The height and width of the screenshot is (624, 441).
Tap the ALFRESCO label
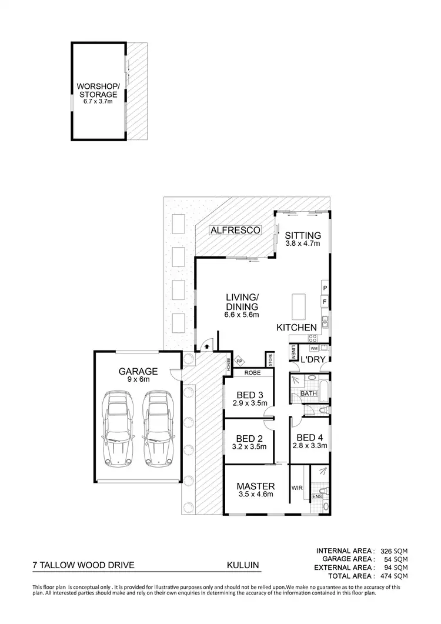pyautogui.click(x=235, y=231)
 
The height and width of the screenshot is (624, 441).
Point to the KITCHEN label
pyautogui.click(x=297, y=327)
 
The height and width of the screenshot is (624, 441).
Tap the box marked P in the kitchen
pyautogui.click(x=324, y=287)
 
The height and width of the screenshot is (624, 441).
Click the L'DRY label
pyautogui.click(x=310, y=359)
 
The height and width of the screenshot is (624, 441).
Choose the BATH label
pyautogui.click(x=308, y=393)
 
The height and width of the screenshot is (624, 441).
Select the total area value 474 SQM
pyautogui.click(x=393, y=576)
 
